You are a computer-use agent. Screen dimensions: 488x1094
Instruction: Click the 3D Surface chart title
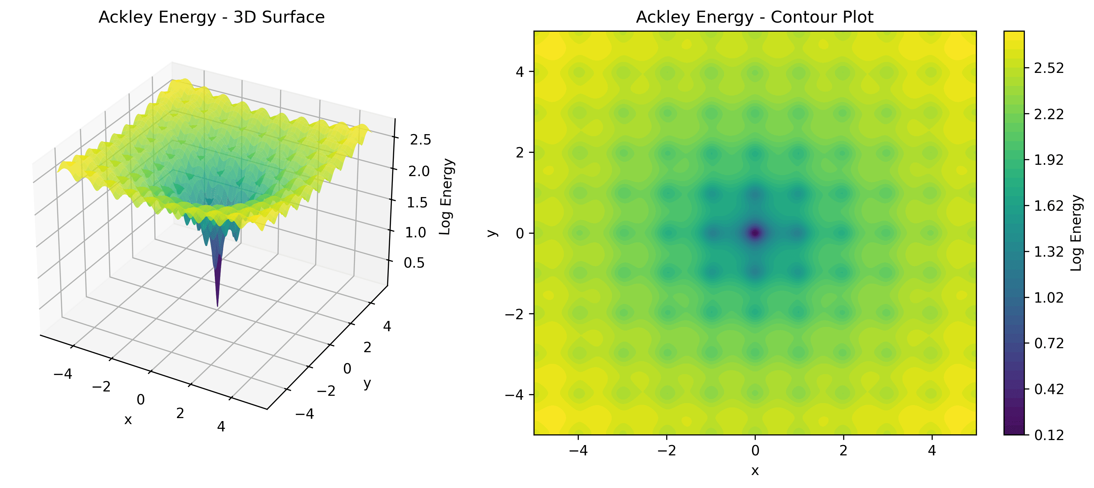click(212, 17)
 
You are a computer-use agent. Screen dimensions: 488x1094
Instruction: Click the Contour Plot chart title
click(754, 17)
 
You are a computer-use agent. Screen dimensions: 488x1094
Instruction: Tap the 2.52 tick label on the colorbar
click(1048, 68)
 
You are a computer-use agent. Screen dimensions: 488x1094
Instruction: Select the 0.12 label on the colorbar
click(1048, 435)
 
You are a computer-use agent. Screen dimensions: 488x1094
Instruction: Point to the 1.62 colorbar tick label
click(1048, 206)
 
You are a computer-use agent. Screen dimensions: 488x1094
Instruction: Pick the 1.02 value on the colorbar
click(1048, 298)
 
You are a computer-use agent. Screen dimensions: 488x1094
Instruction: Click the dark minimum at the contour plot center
click(755, 233)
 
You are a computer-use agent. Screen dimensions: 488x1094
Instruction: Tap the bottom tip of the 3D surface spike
click(218, 305)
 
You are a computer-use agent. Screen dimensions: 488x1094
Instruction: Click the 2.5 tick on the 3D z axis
click(420, 139)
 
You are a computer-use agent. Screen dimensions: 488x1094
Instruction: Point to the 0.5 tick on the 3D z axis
click(414, 263)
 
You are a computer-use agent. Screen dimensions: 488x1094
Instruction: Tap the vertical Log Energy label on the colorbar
click(1076, 233)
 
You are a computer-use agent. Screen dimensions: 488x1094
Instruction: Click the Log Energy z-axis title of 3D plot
click(446, 196)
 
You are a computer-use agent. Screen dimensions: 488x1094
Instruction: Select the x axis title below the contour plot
click(755, 470)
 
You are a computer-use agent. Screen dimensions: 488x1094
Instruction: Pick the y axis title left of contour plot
click(492, 233)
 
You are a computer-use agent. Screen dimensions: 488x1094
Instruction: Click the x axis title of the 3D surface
click(128, 420)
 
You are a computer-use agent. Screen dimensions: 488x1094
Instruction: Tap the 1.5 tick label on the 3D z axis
click(417, 202)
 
